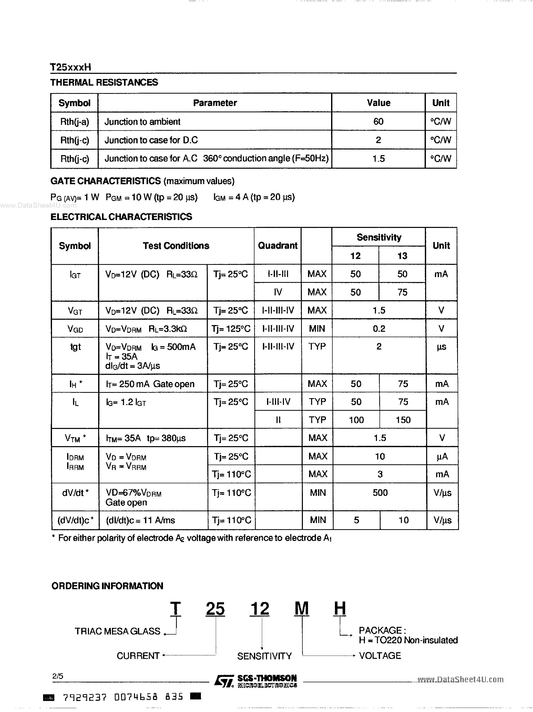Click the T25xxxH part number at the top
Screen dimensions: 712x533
pos(70,67)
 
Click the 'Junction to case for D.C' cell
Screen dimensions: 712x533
pos(151,140)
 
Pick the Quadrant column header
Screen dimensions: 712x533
pos(278,246)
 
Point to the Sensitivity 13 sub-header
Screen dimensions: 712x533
pos(402,256)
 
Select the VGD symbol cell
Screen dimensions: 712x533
pos(75,329)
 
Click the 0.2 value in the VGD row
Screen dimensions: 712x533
pos(379,329)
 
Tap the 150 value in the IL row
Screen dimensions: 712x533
pos(403,420)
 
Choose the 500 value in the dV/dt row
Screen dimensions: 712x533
pos(380,493)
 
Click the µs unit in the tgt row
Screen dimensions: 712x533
pos(441,347)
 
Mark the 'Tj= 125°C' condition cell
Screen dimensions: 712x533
pos(231,329)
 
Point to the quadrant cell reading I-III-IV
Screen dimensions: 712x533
pos(278,402)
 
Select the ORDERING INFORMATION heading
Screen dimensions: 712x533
pos(107,586)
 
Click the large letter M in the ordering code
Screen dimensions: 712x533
pos(301,609)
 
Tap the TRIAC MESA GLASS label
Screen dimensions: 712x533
pos(117,631)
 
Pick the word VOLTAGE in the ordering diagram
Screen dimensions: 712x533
pos(380,656)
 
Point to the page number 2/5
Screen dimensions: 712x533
pos(58,676)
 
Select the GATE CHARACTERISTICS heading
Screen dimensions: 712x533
pos(106,181)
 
